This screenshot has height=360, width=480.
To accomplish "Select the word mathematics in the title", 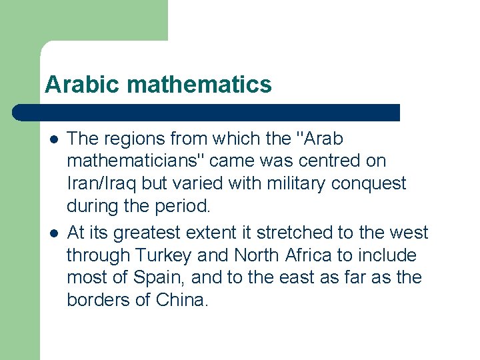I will coord(199,85).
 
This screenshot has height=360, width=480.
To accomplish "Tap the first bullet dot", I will coord(54,140).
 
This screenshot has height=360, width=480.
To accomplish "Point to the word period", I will coord(183,206).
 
